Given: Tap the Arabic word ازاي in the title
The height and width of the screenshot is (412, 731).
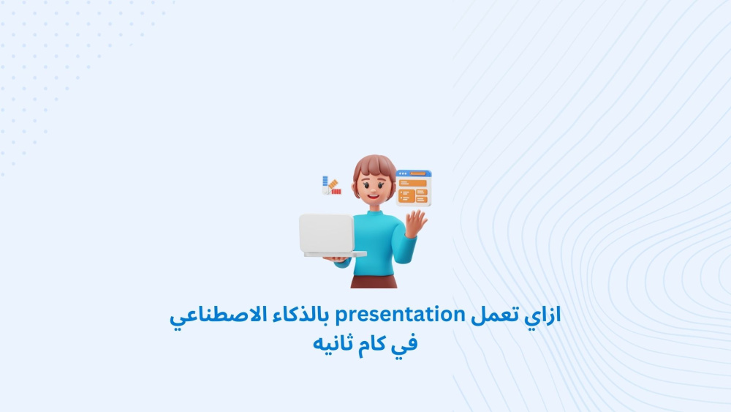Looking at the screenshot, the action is pos(542,315).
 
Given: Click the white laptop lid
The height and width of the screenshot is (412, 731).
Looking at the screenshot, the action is pos(326,233).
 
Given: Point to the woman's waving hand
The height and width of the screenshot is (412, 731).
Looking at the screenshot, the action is pos(416,223).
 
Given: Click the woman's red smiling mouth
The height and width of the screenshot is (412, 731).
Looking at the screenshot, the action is pos(374,196).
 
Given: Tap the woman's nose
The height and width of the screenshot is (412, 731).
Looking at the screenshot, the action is pos(374,188).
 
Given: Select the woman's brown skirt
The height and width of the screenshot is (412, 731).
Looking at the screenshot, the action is pos(374,281).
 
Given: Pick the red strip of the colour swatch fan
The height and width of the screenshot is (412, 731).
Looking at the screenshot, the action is pos(336,191).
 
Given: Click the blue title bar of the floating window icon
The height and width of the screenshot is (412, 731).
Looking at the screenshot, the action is pos(414,173).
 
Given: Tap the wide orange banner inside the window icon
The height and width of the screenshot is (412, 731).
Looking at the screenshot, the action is pos(412,184).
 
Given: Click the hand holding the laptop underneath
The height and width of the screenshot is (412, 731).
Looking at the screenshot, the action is pos(336,260).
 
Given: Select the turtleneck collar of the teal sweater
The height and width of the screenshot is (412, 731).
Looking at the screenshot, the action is pos(373,214).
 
